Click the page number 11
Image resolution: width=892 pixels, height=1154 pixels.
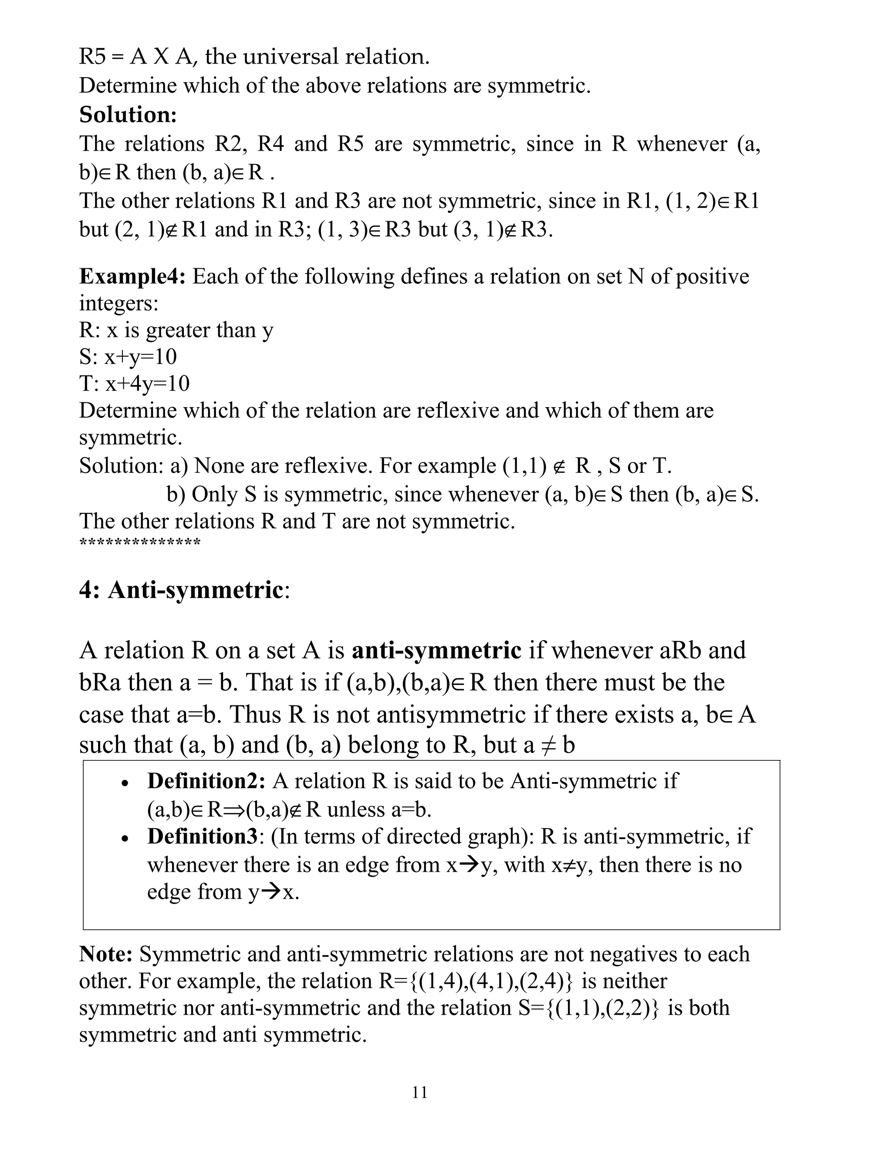point(419,1092)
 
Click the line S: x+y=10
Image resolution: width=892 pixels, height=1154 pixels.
point(128,357)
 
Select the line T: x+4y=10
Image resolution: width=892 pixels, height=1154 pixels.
point(134,384)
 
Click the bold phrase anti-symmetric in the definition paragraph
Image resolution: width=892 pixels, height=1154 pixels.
point(436,650)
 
